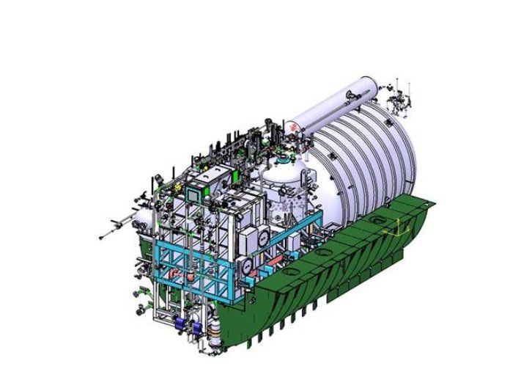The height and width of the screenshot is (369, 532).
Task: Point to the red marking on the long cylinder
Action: (x=294, y=125)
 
